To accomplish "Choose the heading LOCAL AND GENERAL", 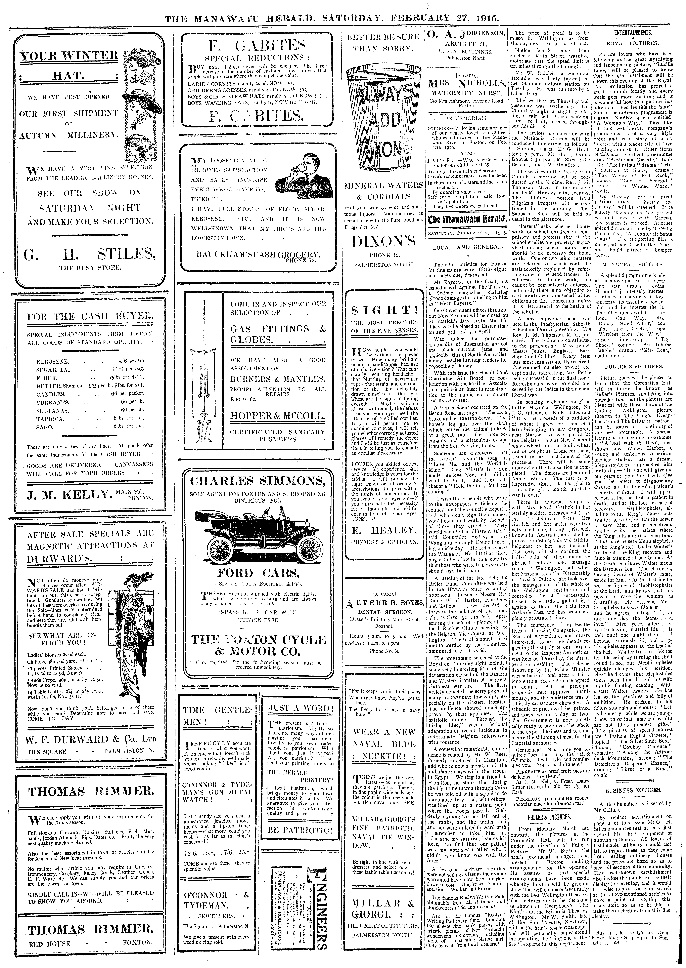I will pos(466,247).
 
